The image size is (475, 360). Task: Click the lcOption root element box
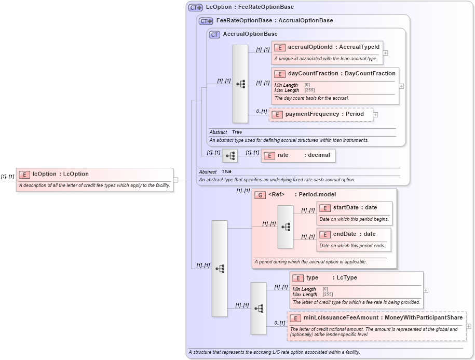tap(94, 180)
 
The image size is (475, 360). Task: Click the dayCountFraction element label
tap(342, 73)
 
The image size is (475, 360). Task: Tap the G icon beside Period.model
tap(260, 195)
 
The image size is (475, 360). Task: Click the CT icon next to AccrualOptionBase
tap(214, 34)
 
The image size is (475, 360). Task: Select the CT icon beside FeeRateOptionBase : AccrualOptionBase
tap(206, 21)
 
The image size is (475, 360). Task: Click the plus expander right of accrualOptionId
tap(385, 52)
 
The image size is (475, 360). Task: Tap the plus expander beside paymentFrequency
tap(375, 115)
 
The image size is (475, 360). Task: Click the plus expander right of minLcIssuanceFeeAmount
tap(469, 326)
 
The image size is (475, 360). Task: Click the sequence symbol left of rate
tap(230, 155)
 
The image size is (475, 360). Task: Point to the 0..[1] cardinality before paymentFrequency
tap(261, 111)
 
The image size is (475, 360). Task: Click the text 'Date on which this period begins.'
tap(354, 219)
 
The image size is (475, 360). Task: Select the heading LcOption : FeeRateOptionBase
tap(250, 7)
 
